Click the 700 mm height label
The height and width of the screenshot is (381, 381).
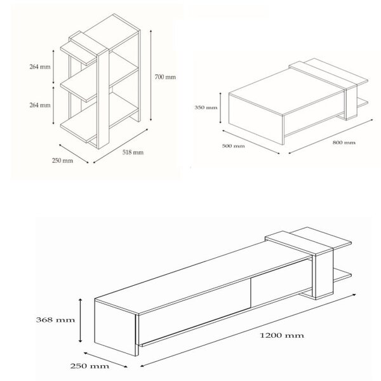pyautogui.click(x=165, y=77)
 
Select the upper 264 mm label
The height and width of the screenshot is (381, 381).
pyautogui.click(x=40, y=67)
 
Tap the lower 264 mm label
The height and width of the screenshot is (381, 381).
pyautogui.click(x=40, y=105)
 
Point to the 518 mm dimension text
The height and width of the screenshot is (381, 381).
pyautogui.click(x=133, y=152)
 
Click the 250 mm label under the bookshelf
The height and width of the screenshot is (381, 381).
pyautogui.click(x=62, y=161)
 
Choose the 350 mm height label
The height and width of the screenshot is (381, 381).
pyautogui.click(x=206, y=107)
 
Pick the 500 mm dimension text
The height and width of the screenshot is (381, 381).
pyautogui.click(x=233, y=146)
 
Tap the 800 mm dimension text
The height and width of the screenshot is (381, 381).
pyautogui.click(x=344, y=143)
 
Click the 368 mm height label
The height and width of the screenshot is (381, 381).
pyautogui.click(x=55, y=320)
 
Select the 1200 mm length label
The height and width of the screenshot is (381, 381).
pyautogui.click(x=282, y=335)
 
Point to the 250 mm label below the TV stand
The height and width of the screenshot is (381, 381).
pyautogui.click(x=90, y=366)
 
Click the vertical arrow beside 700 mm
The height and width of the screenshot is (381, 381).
pyautogui.click(x=151, y=76)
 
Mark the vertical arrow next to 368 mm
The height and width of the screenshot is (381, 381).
pyautogui.click(x=81, y=321)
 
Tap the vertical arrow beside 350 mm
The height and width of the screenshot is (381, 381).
pyautogui.click(x=220, y=108)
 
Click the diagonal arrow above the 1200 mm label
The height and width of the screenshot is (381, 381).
pyautogui.click(x=248, y=330)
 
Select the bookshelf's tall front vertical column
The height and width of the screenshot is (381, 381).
pyautogui.click(x=103, y=98)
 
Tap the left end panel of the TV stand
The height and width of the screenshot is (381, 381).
pyautogui.click(x=116, y=327)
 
